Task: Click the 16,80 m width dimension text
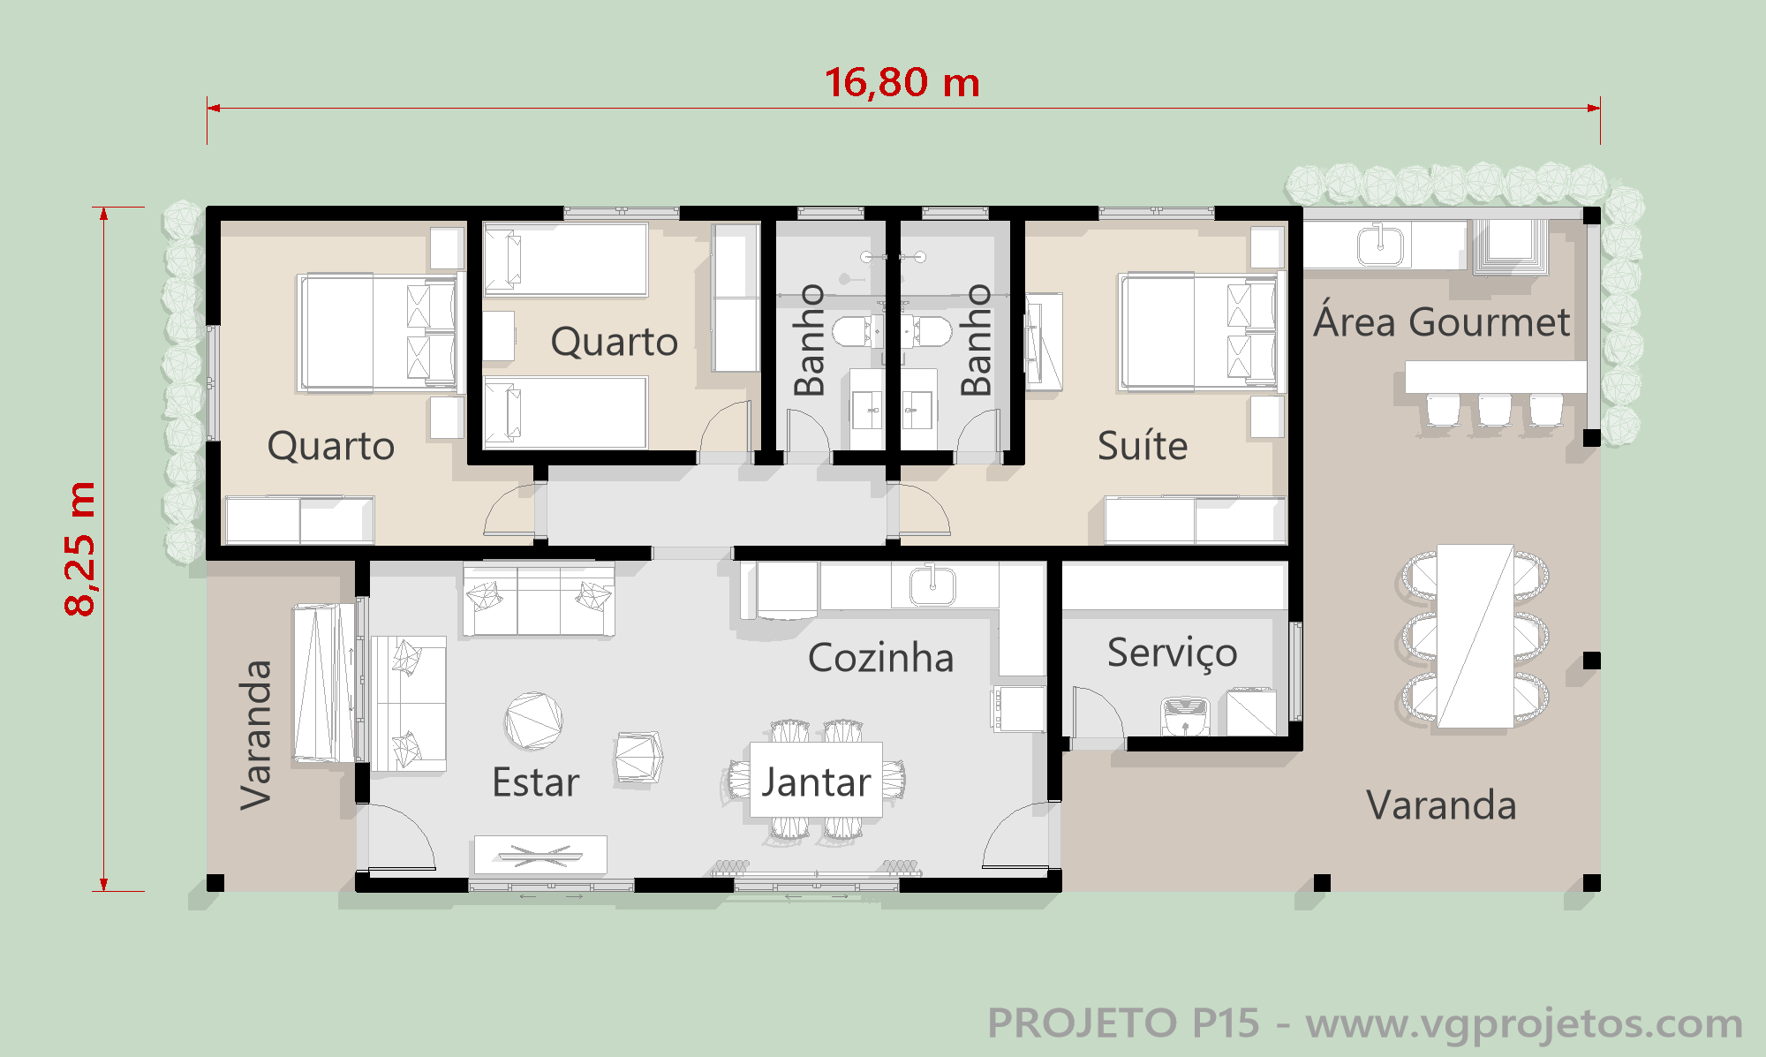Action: [x=902, y=82]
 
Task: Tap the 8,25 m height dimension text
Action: [x=79, y=548]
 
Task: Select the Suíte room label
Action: [x=1143, y=445]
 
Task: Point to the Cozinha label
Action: [x=881, y=658]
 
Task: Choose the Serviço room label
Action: [x=1173, y=653]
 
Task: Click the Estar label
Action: [x=536, y=782]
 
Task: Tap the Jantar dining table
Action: [x=816, y=781]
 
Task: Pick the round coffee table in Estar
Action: [x=533, y=721]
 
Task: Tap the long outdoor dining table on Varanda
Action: [x=1475, y=636]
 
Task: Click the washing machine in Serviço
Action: [x=1185, y=715]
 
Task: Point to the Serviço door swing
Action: [x=1098, y=712]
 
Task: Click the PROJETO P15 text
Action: [x=1123, y=1023]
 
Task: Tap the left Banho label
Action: [x=810, y=340]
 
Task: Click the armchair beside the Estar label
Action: [x=638, y=758]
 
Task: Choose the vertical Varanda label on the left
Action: [x=256, y=735]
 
